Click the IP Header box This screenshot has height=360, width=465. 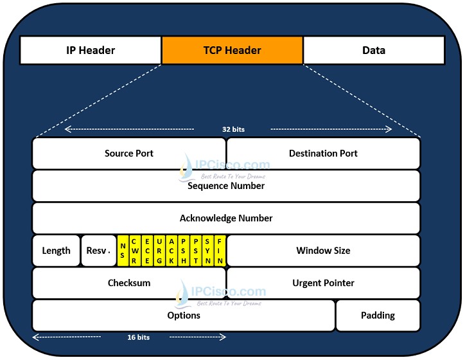(91, 50)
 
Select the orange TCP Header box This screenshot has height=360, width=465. (232, 50)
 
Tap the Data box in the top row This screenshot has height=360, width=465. (373, 50)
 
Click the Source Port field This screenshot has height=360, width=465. (138, 154)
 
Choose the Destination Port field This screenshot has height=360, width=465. (323, 154)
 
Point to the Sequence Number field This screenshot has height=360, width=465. (226, 186)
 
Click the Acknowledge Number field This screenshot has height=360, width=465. (226, 219)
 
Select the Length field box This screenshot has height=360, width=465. (57, 251)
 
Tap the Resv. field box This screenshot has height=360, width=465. (98, 251)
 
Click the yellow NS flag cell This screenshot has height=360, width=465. (123, 251)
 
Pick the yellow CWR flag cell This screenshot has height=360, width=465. (134, 251)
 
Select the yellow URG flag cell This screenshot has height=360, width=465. (159, 251)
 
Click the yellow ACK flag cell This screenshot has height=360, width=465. (171, 251)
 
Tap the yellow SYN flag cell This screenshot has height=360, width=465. (207, 251)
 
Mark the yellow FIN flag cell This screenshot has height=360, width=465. (220, 251)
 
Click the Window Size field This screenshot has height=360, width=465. (323, 251)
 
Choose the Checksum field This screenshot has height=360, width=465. (129, 283)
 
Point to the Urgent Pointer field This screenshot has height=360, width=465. (323, 283)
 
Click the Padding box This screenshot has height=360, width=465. (378, 316)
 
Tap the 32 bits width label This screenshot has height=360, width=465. (233, 129)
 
